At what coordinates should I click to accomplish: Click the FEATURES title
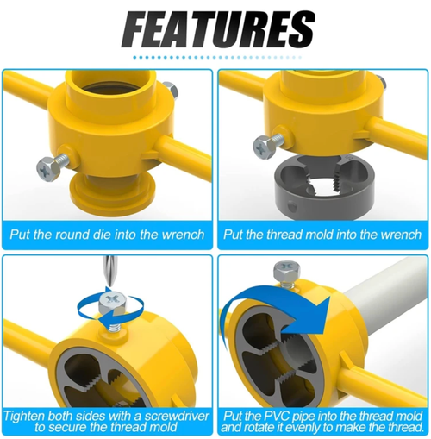[x=215, y=30]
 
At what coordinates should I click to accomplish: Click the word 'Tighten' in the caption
[x=28, y=415]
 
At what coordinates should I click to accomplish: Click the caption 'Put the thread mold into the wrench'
[x=322, y=234]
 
